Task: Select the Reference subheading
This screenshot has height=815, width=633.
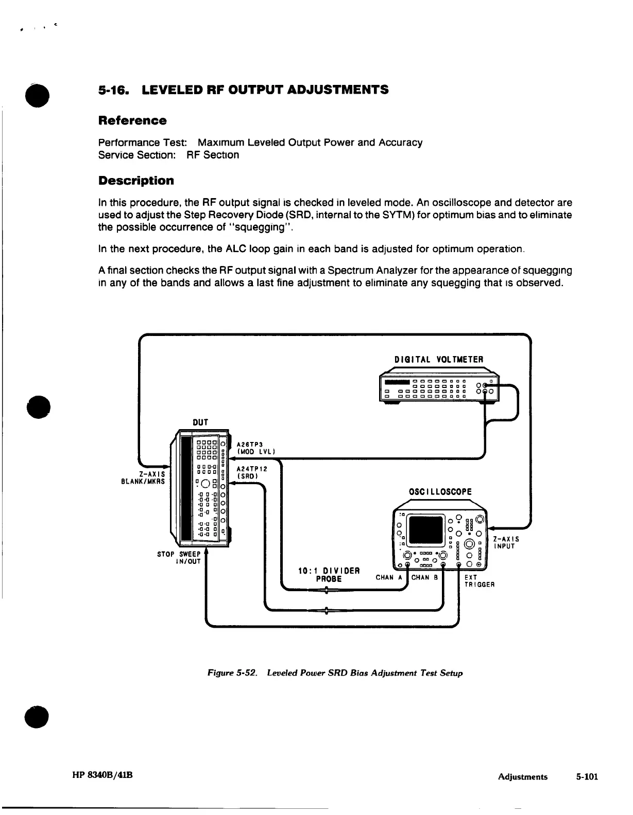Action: pos(132,121)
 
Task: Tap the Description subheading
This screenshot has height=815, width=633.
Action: pos(136,181)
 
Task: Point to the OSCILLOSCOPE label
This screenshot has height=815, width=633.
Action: pos(440,491)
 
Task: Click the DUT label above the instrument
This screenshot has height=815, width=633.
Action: pos(200,422)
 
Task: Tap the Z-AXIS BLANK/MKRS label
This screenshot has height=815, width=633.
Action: pos(143,477)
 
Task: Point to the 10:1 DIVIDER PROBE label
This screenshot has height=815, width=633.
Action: pos(329,575)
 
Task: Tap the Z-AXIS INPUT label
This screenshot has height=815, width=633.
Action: pos(505,543)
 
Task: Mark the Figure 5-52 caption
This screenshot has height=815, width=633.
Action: pos(335,673)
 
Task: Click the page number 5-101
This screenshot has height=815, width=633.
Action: pos(587,777)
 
